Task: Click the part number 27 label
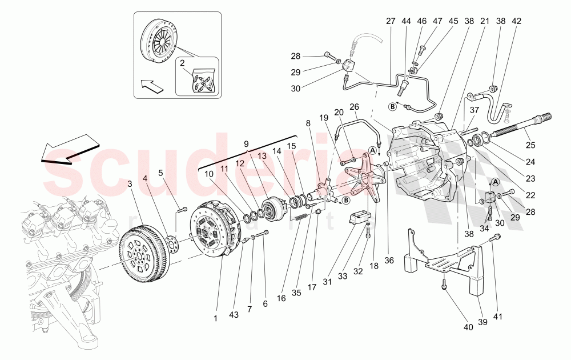pos(391,21)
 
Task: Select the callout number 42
pos(517,21)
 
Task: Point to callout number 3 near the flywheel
pos(130,183)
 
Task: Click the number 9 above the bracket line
pos(247,144)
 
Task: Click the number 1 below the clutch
pos(216,318)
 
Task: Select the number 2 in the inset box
pos(183,64)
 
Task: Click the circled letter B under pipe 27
pos(393,106)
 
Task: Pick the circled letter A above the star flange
pos(372,151)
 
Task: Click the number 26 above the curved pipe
pos(354,106)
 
